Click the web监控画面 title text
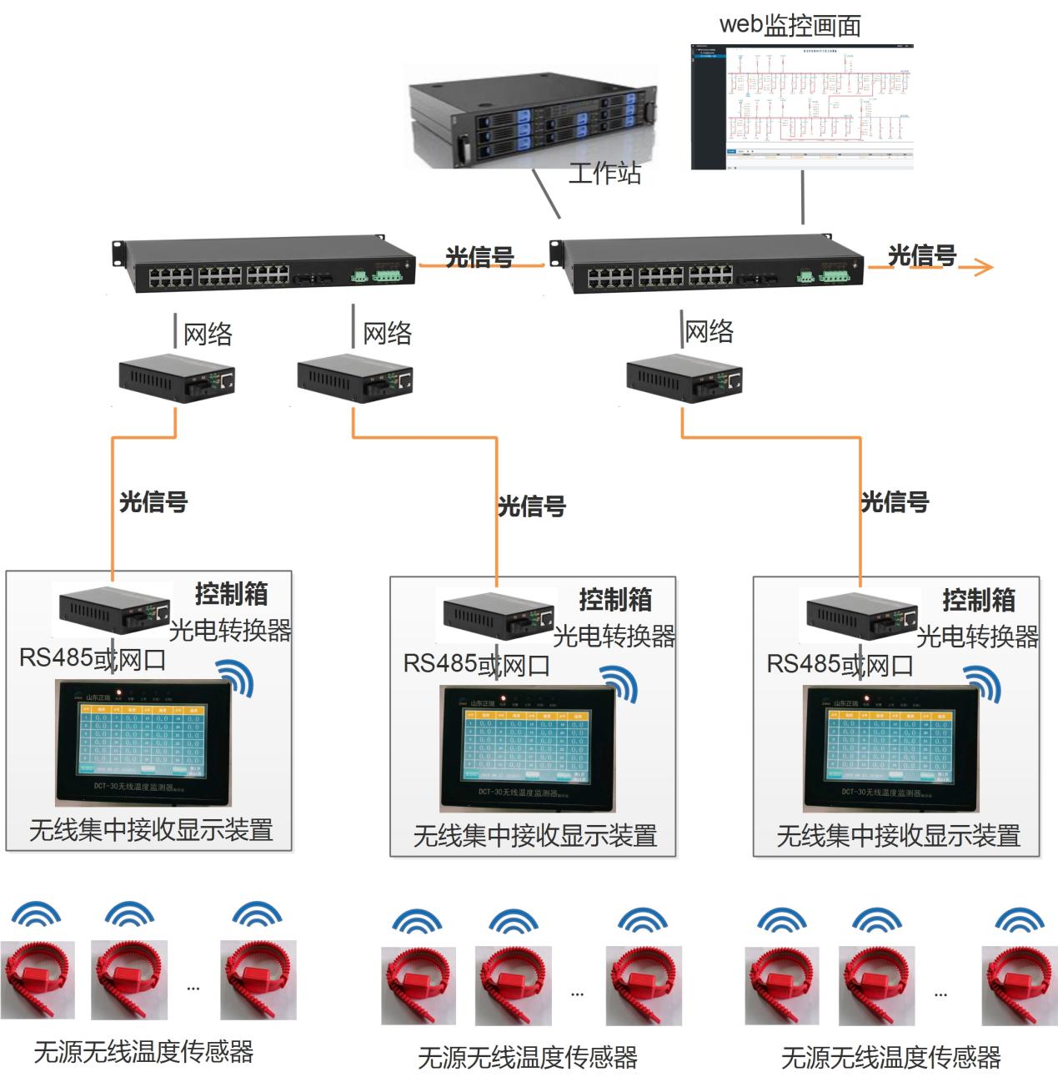(790, 25)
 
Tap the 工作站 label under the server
(604, 173)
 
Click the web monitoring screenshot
(802, 106)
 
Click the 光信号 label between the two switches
(479, 257)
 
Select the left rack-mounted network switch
(265, 265)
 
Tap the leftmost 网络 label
(208, 335)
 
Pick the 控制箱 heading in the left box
(232, 594)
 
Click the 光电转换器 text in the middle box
(614, 637)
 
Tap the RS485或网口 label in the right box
(840, 664)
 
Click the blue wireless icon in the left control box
(235, 677)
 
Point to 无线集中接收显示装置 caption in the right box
(898, 835)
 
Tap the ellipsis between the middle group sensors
(577, 994)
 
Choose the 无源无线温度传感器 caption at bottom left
(143, 1051)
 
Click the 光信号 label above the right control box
(894, 501)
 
